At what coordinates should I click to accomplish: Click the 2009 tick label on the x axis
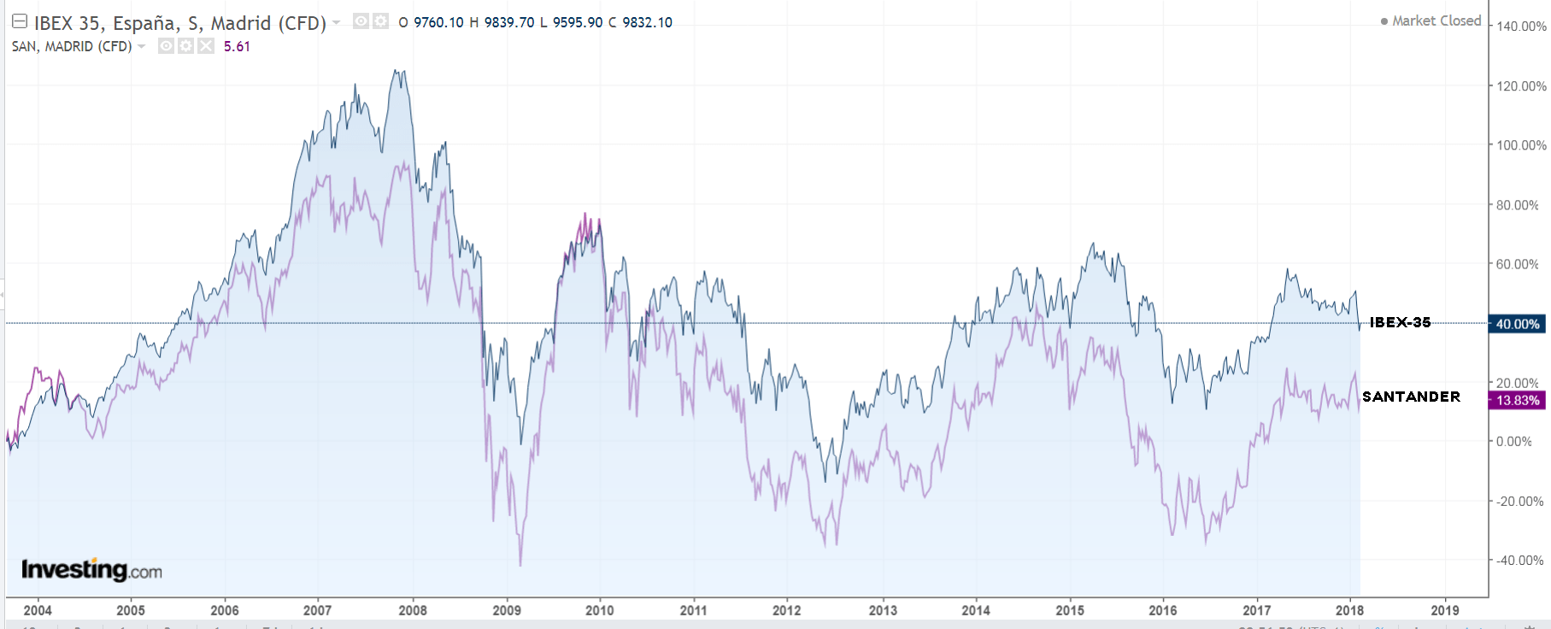(x=507, y=610)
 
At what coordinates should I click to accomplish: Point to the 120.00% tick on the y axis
(x=1521, y=86)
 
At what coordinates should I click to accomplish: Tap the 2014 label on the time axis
(x=975, y=610)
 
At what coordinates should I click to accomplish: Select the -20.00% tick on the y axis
(x=1519, y=502)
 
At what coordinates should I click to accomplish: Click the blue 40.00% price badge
(x=1517, y=324)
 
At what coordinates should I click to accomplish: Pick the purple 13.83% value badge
(x=1517, y=400)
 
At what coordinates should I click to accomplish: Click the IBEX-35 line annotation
(x=1400, y=322)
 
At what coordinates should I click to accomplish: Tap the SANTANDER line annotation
(x=1411, y=397)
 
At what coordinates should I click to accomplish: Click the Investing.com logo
(x=91, y=570)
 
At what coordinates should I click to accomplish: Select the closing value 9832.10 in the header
(x=647, y=22)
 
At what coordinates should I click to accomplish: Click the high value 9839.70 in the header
(x=509, y=22)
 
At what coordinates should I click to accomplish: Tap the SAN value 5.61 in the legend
(x=237, y=46)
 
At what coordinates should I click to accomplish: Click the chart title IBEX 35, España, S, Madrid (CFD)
(x=179, y=23)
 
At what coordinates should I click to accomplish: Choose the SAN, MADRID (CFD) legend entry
(x=72, y=46)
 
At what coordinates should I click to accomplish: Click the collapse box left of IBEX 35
(x=19, y=22)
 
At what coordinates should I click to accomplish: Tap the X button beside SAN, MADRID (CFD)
(x=206, y=46)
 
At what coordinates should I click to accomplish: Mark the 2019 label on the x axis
(x=1444, y=610)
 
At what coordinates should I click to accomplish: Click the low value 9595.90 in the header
(x=578, y=22)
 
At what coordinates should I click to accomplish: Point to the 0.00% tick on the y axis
(x=1513, y=442)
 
